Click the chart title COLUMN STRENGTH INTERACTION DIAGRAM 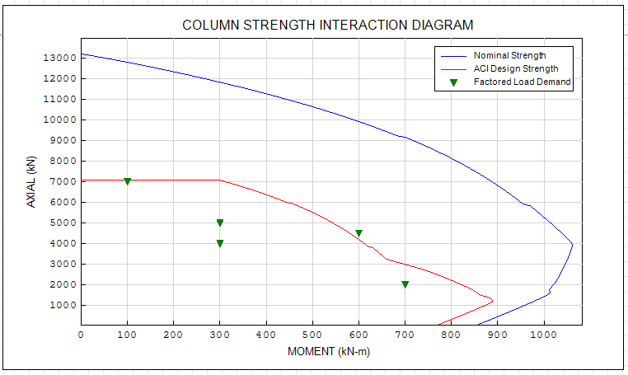click(x=328, y=25)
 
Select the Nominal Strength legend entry click(x=509, y=55)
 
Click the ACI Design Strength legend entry click(x=516, y=68)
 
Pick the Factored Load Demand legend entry click(x=522, y=82)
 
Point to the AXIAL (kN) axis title click(x=31, y=183)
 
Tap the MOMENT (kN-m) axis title click(x=329, y=351)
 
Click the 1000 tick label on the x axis click(x=542, y=335)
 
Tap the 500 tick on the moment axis click(x=312, y=335)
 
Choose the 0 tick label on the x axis click(x=81, y=335)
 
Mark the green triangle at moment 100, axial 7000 click(x=127, y=181)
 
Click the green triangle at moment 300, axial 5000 click(x=220, y=223)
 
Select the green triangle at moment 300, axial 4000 click(x=220, y=243)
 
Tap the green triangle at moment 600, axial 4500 click(x=359, y=233)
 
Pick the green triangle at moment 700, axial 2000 click(x=405, y=284)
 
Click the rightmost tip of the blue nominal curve click(x=572, y=243)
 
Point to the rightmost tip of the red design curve click(x=492, y=299)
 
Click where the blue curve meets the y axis click(x=81, y=54)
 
